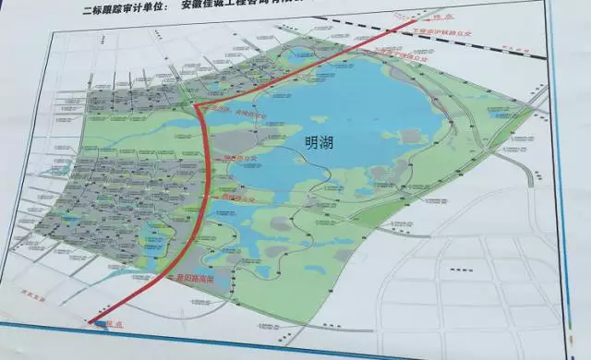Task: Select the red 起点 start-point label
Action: click(112, 323)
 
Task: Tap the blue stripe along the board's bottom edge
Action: click(323, 347)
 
